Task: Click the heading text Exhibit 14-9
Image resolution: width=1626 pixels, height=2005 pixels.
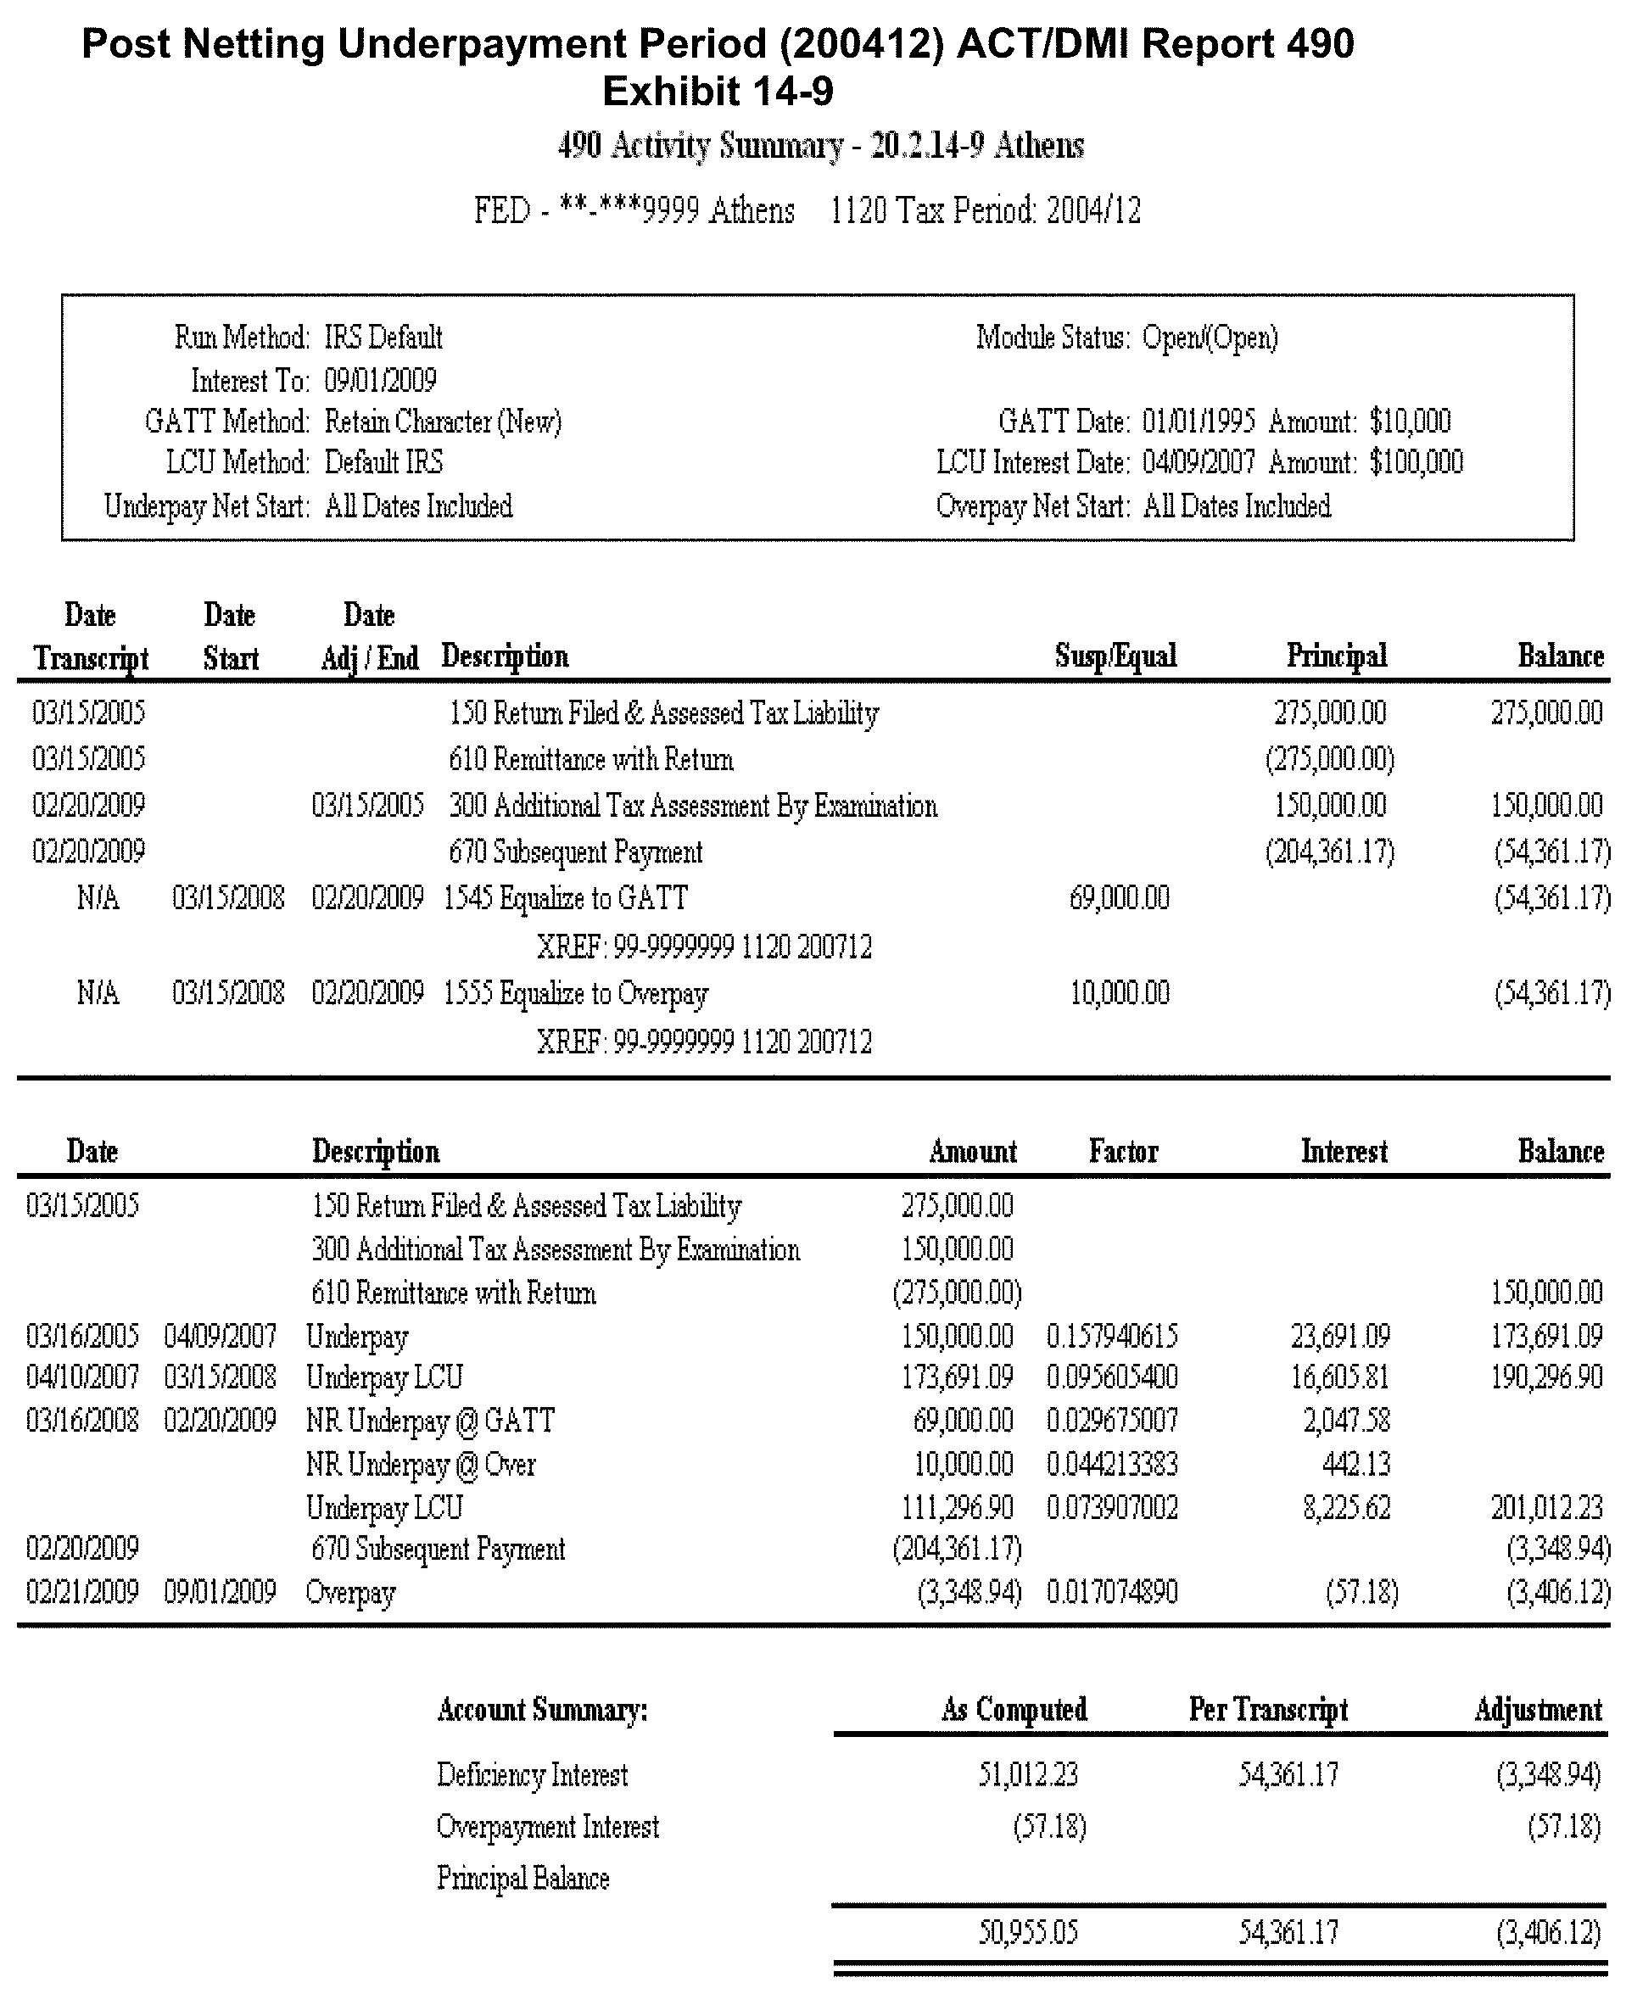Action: click(x=718, y=92)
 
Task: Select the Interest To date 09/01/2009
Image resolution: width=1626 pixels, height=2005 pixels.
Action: click(x=380, y=380)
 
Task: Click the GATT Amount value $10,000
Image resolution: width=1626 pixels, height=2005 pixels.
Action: click(x=1410, y=422)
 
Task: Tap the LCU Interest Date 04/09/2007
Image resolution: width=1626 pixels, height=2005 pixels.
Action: click(x=1198, y=462)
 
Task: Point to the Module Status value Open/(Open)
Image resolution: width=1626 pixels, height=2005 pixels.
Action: click(x=1210, y=337)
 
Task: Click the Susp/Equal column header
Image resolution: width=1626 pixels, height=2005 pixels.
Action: click(x=1115, y=656)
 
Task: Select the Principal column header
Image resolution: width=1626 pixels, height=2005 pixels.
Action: click(x=1336, y=656)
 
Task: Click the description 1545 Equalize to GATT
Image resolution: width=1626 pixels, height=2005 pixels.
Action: click(x=566, y=898)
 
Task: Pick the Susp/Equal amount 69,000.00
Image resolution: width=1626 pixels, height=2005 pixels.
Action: click(x=1120, y=898)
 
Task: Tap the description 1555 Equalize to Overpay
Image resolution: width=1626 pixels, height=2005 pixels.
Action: click(x=576, y=992)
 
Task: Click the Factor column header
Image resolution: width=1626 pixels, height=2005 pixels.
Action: click(x=1123, y=1151)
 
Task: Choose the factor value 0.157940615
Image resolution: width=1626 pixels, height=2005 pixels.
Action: click(x=1112, y=1336)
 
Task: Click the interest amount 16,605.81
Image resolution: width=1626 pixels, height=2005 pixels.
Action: click(x=1345, y=1377)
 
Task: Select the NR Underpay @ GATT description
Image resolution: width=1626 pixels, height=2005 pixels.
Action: click(x=430, y=1421)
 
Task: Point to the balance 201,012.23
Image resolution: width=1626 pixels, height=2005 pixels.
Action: click(x=1546, y=1508)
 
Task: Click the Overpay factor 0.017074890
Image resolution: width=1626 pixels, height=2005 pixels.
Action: click(x=1112, y=1592)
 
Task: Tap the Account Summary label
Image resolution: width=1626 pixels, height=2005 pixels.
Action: click(x=542, y=1710)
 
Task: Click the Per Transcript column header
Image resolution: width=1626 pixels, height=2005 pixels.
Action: click(x=1268, y=1710)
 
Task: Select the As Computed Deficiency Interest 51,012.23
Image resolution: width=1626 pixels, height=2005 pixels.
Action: click(x=1027, y=1774)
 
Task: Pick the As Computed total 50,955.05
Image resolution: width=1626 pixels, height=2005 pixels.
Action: click(x=1027, y=1932)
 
